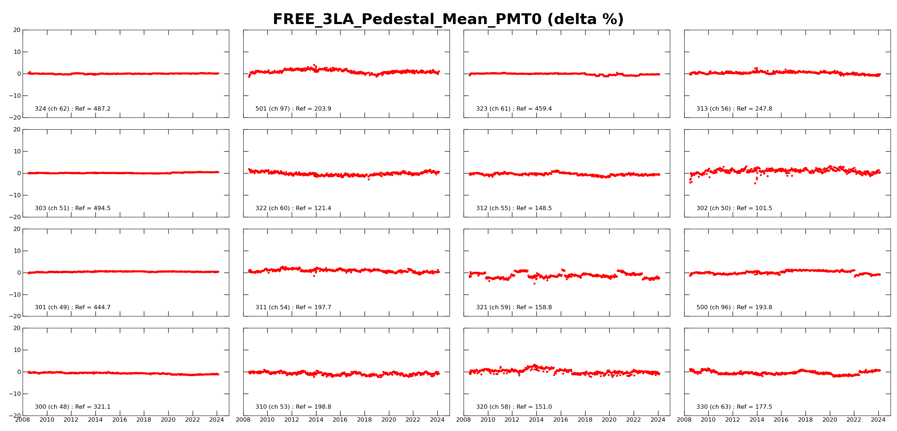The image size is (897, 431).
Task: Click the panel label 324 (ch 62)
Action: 52,109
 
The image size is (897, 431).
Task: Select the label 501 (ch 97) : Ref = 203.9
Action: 293,109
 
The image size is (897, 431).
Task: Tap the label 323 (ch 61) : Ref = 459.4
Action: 514,109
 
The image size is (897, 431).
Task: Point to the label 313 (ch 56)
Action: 714,109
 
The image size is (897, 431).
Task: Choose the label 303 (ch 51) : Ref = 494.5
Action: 72,208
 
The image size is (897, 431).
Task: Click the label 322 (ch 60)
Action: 273,208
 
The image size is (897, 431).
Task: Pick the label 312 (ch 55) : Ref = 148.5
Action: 514,208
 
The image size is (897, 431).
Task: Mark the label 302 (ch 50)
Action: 714,208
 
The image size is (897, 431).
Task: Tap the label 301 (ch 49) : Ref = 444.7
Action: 72,307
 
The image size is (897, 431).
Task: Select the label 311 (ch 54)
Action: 273,307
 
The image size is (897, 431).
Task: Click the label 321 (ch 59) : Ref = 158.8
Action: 514,307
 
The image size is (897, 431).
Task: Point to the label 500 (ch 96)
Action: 714,307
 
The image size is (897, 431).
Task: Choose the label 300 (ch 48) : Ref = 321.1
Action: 72,407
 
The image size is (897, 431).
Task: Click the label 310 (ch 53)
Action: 273,407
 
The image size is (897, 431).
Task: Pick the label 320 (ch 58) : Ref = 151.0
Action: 514,407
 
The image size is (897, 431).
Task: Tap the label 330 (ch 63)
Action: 714,407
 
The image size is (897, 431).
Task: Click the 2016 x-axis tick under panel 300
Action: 120,420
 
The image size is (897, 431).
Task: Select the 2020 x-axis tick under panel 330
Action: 830,420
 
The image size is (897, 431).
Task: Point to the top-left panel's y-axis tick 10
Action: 17,52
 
